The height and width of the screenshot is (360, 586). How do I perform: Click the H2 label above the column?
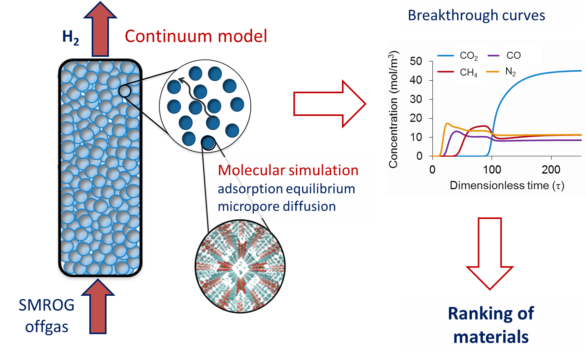pyautogui.click(x=71, y=38)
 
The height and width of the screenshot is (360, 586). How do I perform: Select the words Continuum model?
pyautogui.click(x=196, y=36)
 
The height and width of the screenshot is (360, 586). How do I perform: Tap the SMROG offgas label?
pyautogui.click(x=47, y=316)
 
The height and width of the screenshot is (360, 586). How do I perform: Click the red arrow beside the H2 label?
pyautogui.click(x=100, y=29)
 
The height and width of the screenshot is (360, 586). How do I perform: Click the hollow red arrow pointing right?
pyautogui.click(x=329, y=104)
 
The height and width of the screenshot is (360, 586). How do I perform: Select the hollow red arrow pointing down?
pyautogui.click(x=490, y=253)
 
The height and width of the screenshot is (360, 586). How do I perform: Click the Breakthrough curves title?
pyautogui.click(x=476, y=15)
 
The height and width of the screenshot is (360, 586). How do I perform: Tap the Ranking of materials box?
pyautogui.click(x=491, y=325)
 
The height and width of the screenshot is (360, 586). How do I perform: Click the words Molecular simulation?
pyautogui.click(x=288, y=170)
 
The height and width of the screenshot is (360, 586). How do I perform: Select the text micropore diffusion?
pyautogui.click(x=277, y=206)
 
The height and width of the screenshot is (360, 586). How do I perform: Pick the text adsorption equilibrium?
pyautogui.click(x=286, y=188)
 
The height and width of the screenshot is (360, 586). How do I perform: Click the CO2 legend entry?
pyautogui.click(x=468, y=56)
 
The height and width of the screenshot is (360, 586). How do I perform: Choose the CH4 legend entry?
pyautogui.click(x=468, y=72)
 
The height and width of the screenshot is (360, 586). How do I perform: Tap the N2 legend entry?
pyautogui.click(x=510, y=72)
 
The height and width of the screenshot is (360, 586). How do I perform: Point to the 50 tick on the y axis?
pyautogui.click(x=416, y=61)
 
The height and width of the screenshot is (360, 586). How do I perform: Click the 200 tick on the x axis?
pyautogui.click(x=551, y=170)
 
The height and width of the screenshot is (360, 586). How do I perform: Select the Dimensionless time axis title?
pyautogui.click(x=507, y=185)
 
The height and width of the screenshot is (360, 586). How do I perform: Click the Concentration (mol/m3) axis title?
pyautogui.click(x=393, y=110)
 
